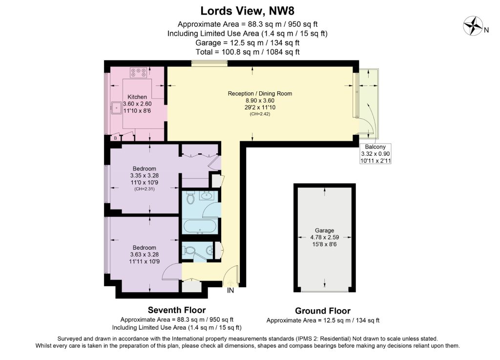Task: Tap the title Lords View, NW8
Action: pyautogui.click(x=247, y=11)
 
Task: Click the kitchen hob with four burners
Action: pyautogui.click(x=138, y=72)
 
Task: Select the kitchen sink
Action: pyautogui.click(x=117, y=108)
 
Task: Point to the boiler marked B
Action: pyautogui.click(x=115, y=138)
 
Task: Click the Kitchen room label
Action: pyautogui.click(x=137, y=97)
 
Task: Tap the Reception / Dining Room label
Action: pyautogui.click(x=260, y=93)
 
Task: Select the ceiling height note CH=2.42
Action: pyautogui.click(x=260, y=114)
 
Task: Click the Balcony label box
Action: pyautogui.click(x=375, y=154)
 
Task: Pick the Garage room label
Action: pyautogui.click(x=325, y=230)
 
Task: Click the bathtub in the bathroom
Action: pyautogui.click(x=200, y=227)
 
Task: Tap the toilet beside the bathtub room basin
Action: pyautogui.click(x=191, y=198)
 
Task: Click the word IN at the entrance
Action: pyautogui.click(x=230, y=291)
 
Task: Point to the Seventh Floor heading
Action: pyautogui.click(x=177, y=310)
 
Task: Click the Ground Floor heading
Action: pyautogui.click(x=323, y=311)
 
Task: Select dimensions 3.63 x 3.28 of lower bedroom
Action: pyautogui.click(x=145, y=254)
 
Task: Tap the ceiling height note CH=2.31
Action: pyautogui.click(x=145, y=189)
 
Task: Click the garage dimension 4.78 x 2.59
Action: pyautogui.click(x=325, y=237)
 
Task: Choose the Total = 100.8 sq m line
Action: pyautogui.click(x=248, y=52)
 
